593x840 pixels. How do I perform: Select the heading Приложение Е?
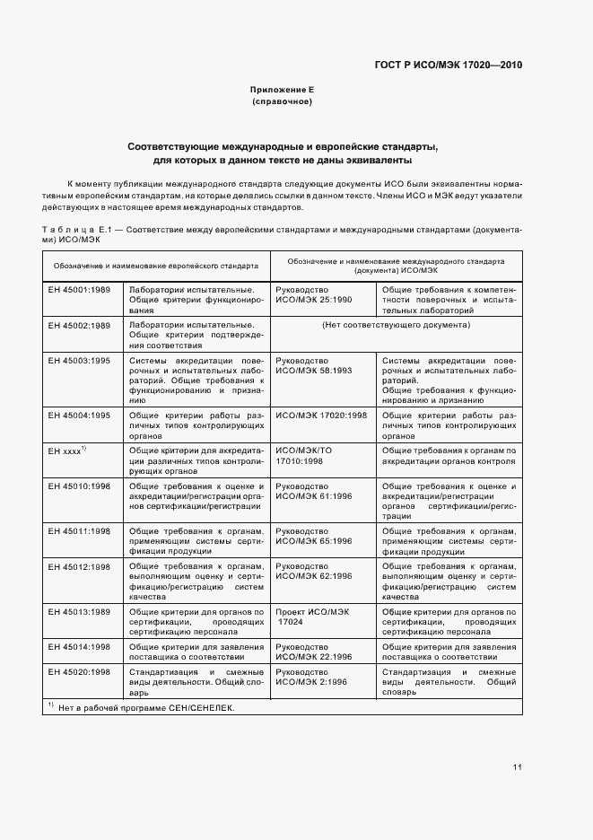[x=282, y=91]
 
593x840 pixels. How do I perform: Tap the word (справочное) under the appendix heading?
[x=282, y=103]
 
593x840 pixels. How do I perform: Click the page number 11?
[x=518, y=766]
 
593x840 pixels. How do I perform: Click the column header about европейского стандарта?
[x=155, y=267]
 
